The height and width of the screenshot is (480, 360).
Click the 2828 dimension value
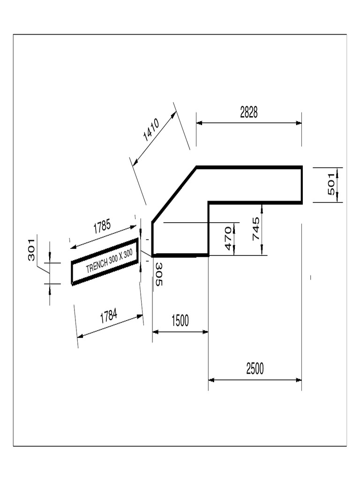coord(249,112)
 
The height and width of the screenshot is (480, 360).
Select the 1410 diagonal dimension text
coord(151,130)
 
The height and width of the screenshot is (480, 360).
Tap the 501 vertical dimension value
coord(331,184)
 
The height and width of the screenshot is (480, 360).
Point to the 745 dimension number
coord(256,229)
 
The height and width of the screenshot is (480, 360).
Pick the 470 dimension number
coord(228,238)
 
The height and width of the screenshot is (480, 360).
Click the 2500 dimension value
coord(255,369)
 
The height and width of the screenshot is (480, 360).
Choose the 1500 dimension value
coord(180,321)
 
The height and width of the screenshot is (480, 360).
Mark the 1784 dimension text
coord(109,316)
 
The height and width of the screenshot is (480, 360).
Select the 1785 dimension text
coord(102,227)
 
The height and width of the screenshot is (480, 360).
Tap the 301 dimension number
coord(31,249)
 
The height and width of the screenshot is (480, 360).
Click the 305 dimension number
coord(158,274)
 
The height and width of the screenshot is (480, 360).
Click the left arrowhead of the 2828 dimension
coord(199,123)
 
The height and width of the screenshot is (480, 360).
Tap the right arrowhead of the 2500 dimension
coord(299,380)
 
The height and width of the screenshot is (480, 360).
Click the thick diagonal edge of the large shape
coord(174,195)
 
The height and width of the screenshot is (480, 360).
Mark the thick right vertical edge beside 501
coord(301,184)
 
